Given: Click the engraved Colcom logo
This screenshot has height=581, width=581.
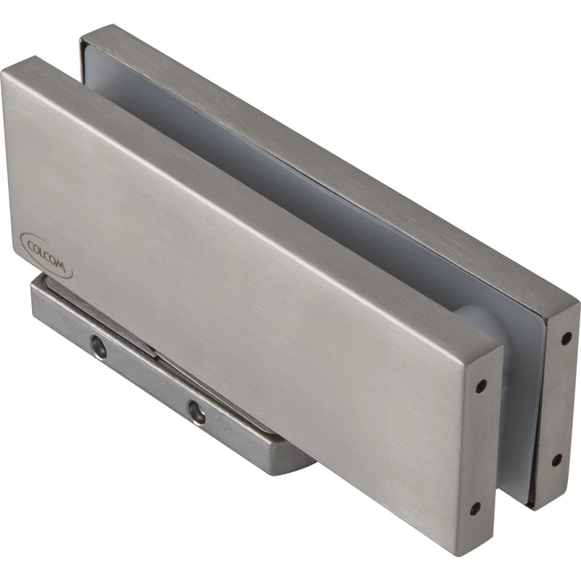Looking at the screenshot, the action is (46, 256).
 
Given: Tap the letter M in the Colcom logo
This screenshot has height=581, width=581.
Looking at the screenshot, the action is (61, 266).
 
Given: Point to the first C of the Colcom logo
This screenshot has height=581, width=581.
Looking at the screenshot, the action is (31, 245).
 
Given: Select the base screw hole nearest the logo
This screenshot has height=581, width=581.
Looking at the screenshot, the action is (99, 346).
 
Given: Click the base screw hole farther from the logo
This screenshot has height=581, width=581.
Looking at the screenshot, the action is (195, 412).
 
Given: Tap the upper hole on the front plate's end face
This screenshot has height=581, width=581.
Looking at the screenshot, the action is (481, 386).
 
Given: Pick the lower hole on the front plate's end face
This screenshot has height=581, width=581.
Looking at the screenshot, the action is (476, 509).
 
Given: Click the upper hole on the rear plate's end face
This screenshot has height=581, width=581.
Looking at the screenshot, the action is (566, 338).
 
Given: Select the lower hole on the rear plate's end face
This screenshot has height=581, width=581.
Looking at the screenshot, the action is (557, 460).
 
